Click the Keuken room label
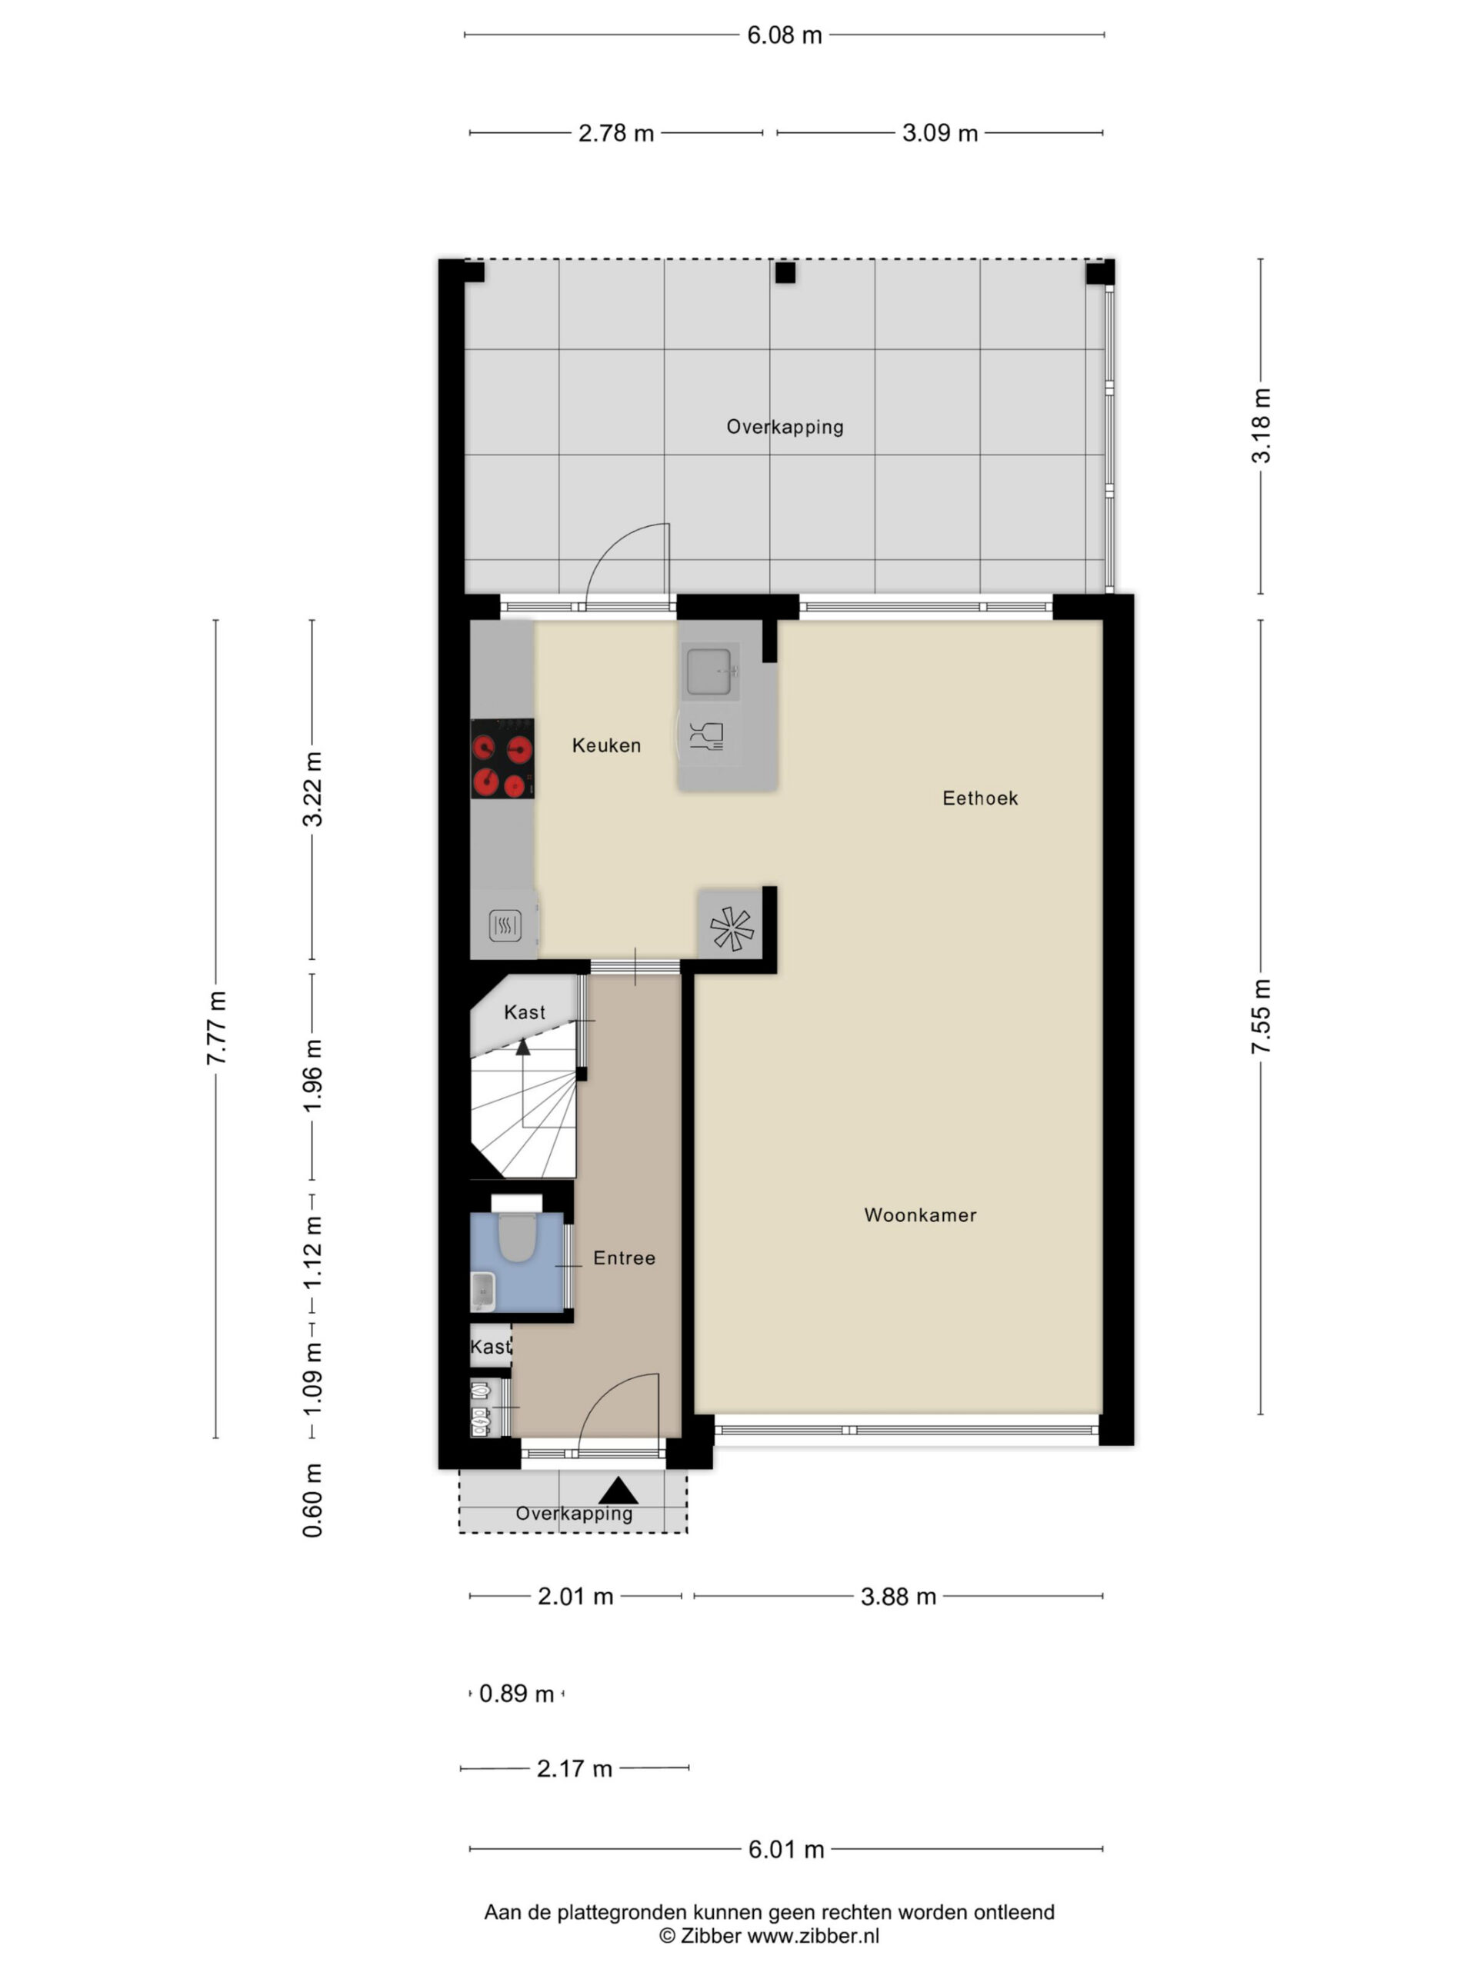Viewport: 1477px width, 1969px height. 606,745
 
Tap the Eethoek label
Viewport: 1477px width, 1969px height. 980,798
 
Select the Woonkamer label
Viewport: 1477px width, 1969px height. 921,1215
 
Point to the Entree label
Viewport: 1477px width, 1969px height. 624,1258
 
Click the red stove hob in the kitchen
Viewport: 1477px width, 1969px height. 502,758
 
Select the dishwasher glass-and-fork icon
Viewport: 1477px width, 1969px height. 707,735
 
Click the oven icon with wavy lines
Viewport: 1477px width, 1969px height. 505,926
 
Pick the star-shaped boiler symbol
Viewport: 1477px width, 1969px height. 731,928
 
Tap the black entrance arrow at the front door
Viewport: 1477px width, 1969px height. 618,1491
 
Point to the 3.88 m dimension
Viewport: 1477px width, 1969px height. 899,1596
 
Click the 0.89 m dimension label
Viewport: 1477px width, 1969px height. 516,1693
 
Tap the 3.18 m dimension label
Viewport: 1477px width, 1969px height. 1262,425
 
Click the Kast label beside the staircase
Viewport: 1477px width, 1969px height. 525,1012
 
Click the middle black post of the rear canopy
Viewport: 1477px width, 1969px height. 785,272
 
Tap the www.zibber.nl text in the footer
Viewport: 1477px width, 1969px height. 813,1935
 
